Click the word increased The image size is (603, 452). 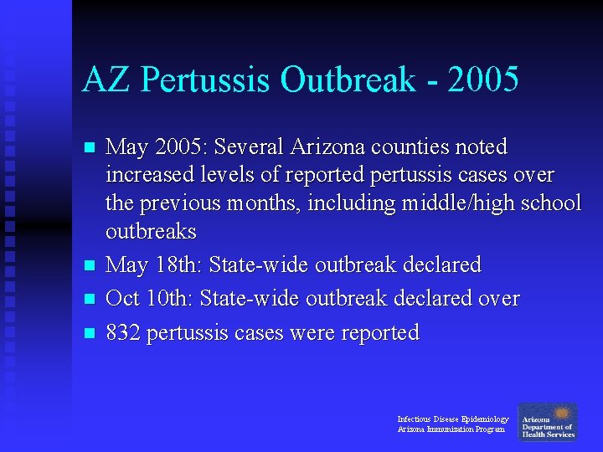click(x=147, y=175)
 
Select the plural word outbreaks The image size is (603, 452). click(x=151, y=231)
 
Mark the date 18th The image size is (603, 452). click(x=178, y=265)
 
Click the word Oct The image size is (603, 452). click(x=123, y=299)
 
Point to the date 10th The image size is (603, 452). click(x=173, y=299)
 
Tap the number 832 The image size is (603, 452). click(x=123, y=332)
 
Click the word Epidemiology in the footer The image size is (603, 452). click(x=485, y=419)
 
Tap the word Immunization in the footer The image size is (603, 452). click(x=451, y=429)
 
